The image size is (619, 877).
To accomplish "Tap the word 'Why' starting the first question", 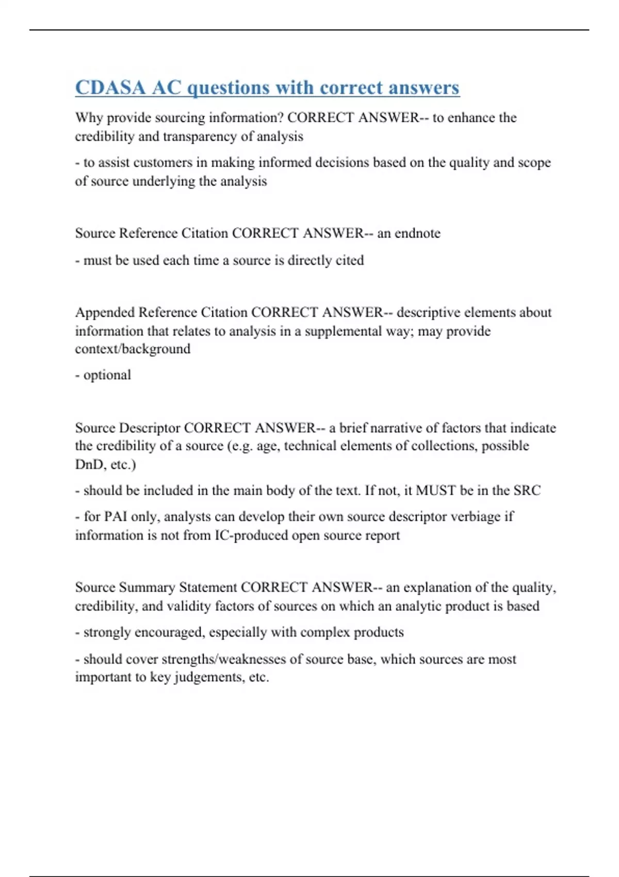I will (x=89, y=118).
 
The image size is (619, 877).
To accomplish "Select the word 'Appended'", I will (x=105, y=312).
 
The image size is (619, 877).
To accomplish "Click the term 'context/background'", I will (x=133, y=349).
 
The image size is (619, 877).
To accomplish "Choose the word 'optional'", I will (x=107, y=375).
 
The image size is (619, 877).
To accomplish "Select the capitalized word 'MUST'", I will (x=435, y=490).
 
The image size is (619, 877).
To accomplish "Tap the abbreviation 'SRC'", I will (x=527, y=490).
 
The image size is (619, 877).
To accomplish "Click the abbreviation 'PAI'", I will (x=116, y=516).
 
